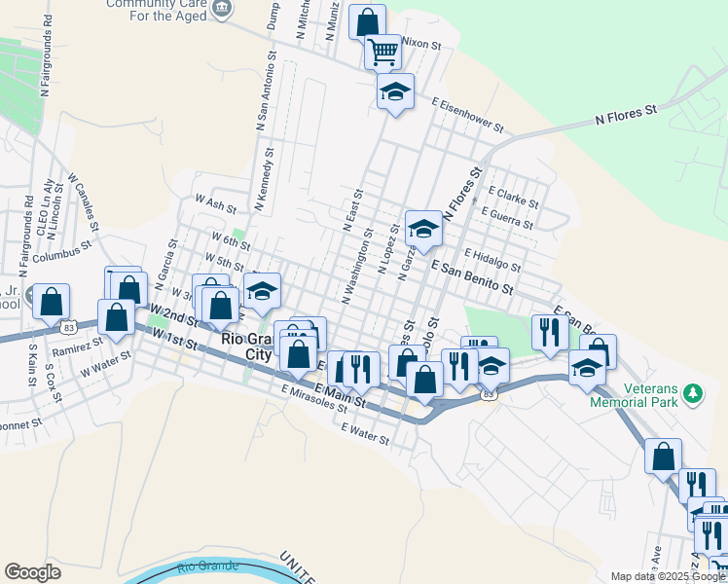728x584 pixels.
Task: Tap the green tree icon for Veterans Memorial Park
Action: point(693,393)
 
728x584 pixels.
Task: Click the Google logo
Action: point(32,572)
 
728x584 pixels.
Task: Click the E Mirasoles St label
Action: point(313,397)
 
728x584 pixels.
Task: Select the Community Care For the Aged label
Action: point(155,9)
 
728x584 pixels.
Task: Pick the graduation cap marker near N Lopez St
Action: point(423,229)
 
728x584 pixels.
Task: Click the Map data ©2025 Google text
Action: point(669,576)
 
